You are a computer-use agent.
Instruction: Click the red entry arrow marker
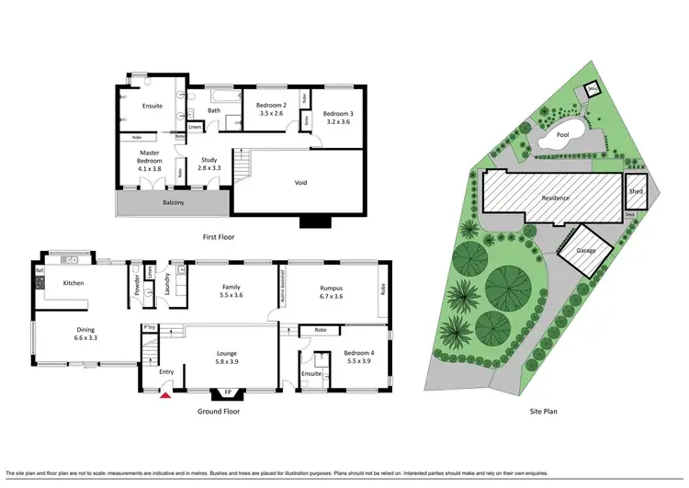pyautogui.click(x=164, y=394)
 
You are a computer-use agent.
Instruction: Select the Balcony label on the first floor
pyautogui.click(x=173, y=202)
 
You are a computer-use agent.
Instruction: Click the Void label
pyautogui.click(x=300, y=182)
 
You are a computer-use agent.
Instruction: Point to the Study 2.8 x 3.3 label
pyautogui.click(x=209, y=164)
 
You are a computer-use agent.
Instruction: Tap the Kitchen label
pyautogui.click(x=73, y=283)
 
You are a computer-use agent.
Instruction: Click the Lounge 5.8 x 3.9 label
pyautogui.click(x=227, y=357)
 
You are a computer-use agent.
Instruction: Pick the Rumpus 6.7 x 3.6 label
pyautogui.click(x=332, y=291)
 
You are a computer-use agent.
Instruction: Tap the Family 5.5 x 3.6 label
pyautogui.click(x=232, y=291)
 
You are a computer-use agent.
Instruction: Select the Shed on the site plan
pyautogui.click(x=636, y=192)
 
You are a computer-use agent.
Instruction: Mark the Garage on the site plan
pyautogui.click(x=586, y=251)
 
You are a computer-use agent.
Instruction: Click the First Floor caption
pyautogui.click(x=219, y=237)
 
